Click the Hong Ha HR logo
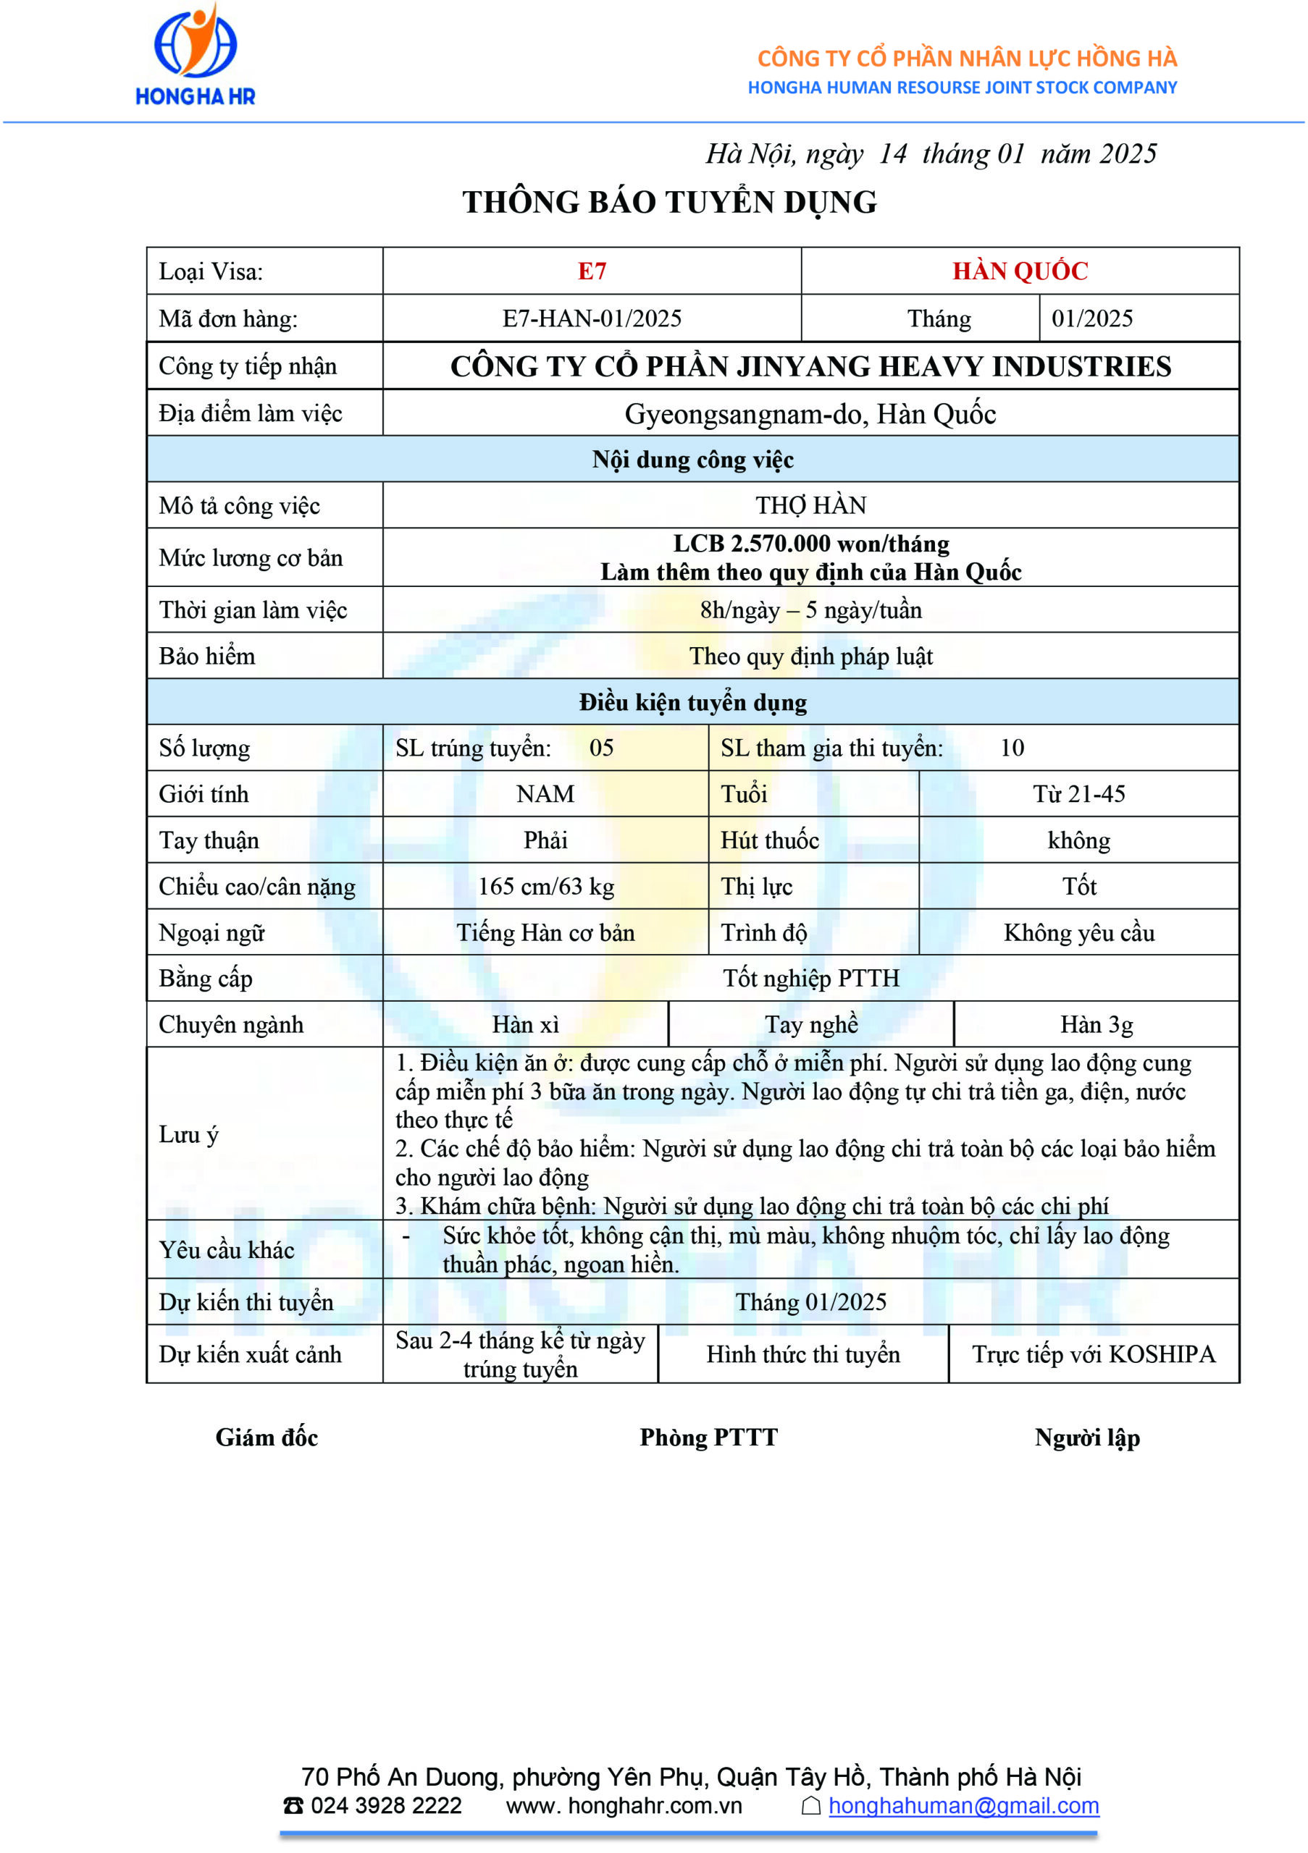pyautogui.click(x=196, y=55)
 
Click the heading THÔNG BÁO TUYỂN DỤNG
pyautogui.click(x=669, y=202)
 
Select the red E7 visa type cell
pyautogui.click(x=592, y=271)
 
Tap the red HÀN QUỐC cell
pyautogui.click(x=1020, y=271)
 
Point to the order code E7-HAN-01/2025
pyautogui.click(x=592, y=318)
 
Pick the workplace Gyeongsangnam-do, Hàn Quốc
pyautogui.click(x=810, y=414)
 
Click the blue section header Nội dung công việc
pyautogui.click(x=693, y=460)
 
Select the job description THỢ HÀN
pyautogui.click(x=810, y=505)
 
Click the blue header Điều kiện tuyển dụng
pyautogui.click(x=693, y=702)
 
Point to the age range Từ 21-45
pyautogui.click(x=1078, y=794)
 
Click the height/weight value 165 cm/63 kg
pyautogui.click(x=546, y=886)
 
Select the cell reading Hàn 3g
pyautogui.click(x=1097, y=1025)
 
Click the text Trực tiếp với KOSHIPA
pyautogui.click(x=1093, y=1354)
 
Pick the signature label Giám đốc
pyautogui.click(x=267, y=1438)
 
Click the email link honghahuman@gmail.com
pyautogui.click(x=963, y=1805)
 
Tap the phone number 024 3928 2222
pyautogui.click(x=386, y=1805)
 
